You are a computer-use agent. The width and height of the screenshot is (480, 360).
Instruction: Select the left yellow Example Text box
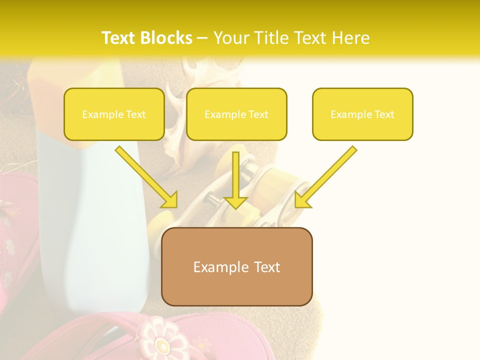coord(114,114)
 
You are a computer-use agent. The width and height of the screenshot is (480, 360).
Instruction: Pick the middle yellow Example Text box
coord(236,114)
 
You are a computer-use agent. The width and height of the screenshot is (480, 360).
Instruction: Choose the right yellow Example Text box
coord(362,114)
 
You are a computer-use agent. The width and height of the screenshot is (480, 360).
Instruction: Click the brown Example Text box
coord(236,267)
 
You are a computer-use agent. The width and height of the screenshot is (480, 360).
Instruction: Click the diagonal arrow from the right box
coord(326,177)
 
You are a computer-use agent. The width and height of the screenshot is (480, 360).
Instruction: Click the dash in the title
coord(202,38)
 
